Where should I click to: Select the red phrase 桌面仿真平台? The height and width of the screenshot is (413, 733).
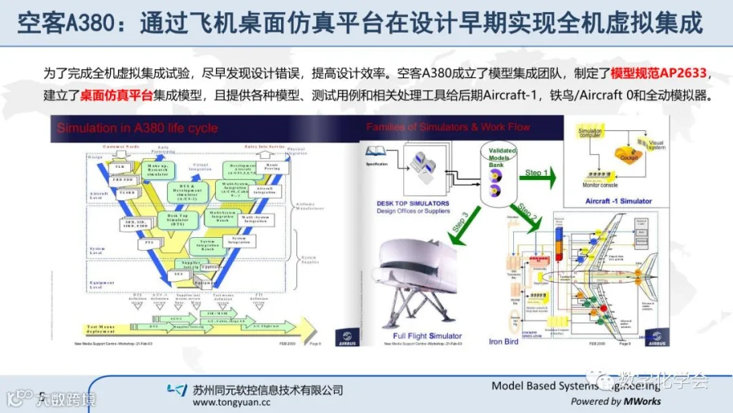tap(116, 94)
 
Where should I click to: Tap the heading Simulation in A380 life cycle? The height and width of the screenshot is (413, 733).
tap(137, 129)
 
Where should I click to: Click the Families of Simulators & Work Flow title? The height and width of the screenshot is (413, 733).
tap(448, 127)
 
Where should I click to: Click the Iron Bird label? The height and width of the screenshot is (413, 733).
tap(503, 341)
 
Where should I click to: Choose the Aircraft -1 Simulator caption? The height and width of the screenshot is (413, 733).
tap(619, 200)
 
